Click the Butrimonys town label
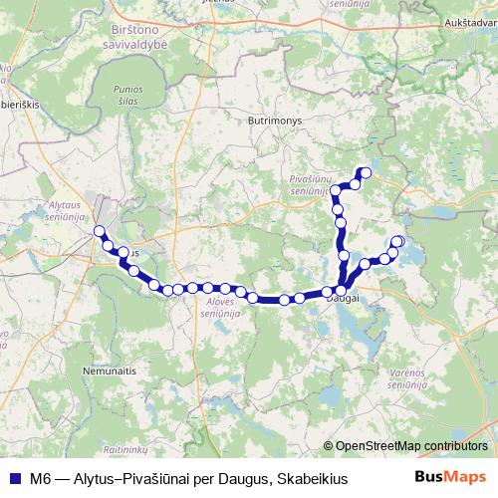click(x=272, y=118)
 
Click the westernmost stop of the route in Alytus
click(x=99, y=232)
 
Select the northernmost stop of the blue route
click(x=365, y=173)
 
